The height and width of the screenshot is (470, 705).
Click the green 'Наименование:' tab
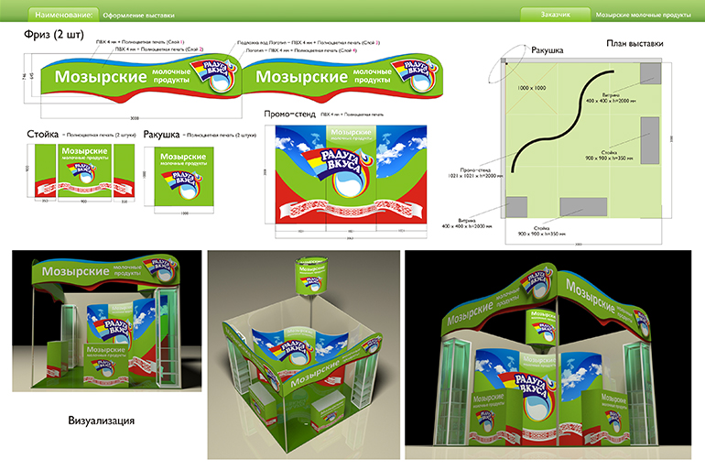click(x=62, y=16)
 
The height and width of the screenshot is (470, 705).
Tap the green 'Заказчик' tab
click(x=553, y=16)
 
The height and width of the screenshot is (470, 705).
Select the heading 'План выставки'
click(x=635, y=44)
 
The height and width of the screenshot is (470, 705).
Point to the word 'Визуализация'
click(x=102, y=421)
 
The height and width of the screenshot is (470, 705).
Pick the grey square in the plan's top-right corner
click(x=651, y=72)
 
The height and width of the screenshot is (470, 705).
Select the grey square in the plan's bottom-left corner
click(x=516, y=207)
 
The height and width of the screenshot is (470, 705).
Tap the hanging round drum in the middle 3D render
click(x=306, y=274)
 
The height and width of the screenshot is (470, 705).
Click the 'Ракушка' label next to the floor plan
click(x=548, y=51)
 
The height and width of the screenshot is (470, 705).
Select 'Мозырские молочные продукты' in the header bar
click(x=643, y=16)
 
